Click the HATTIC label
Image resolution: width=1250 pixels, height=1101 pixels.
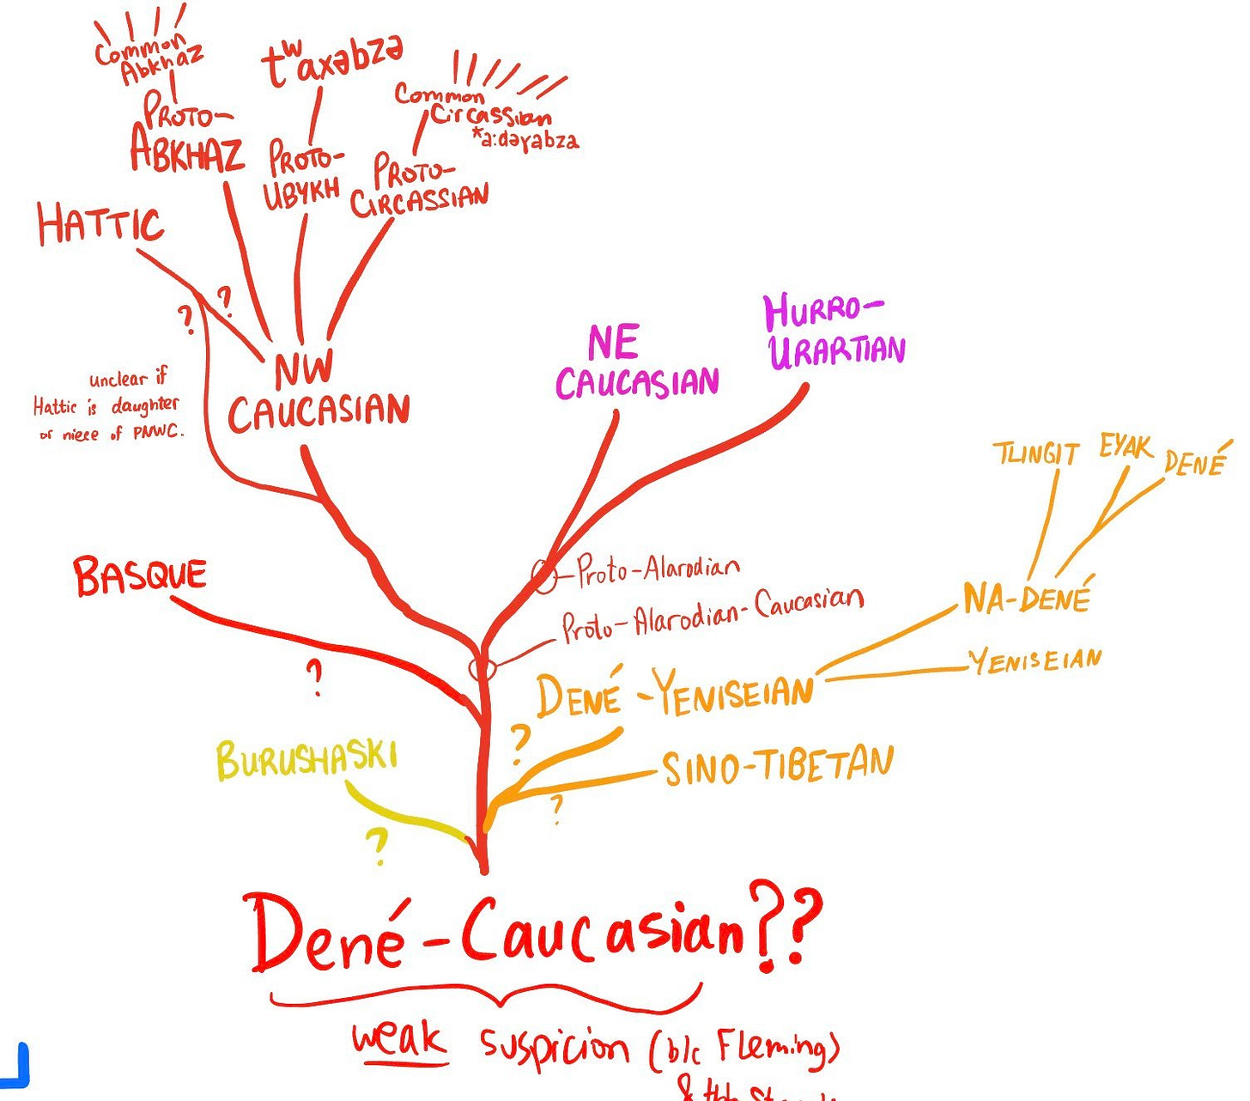pos(100,223)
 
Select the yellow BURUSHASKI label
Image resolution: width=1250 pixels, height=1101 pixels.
pos(306,759)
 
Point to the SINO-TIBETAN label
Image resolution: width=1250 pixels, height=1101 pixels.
pos(778,766)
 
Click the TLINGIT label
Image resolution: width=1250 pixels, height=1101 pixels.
pos(1035,453)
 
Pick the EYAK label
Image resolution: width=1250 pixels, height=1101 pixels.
pos(1126,447)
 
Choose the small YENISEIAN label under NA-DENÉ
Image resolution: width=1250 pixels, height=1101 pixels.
pos(1035,660)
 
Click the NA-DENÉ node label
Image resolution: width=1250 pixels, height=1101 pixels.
pos(1027,597)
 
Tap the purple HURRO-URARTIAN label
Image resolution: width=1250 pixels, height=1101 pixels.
pos(835,332)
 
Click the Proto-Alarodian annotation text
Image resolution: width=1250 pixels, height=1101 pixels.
pos(658,569)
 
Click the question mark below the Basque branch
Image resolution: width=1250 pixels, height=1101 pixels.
pos(316,678)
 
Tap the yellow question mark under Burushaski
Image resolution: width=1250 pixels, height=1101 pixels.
pos(376,846)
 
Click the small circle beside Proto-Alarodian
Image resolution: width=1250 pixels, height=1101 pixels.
pos(543,576)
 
